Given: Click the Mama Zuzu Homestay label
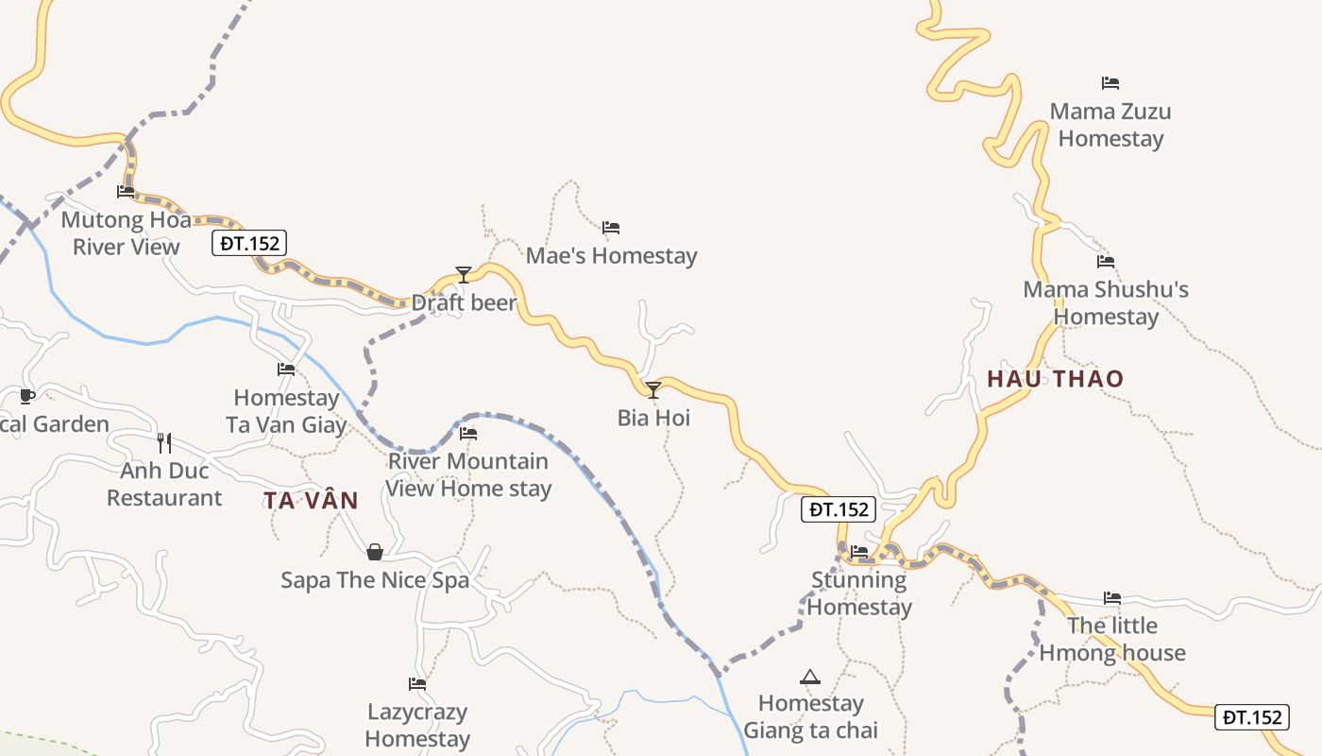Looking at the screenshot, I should [1110, 125].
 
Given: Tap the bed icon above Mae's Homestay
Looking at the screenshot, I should [611, 228].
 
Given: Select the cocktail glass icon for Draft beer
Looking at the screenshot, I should [463, 275].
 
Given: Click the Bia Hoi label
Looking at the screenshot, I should [653, 417].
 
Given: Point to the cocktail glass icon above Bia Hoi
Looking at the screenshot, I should [653, 389].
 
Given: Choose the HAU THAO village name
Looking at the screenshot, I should [1056, 379].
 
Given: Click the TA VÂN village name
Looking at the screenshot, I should [311, 501].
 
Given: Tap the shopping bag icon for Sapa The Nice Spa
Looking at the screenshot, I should [375, 552].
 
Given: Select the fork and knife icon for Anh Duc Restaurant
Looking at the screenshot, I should [164, 442].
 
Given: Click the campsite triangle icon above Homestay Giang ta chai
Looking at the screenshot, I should [809, 677].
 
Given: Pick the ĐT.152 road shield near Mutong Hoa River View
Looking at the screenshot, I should [249, 243].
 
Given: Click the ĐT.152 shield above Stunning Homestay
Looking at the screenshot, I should [839, 509].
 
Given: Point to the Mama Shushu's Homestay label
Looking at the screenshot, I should [1106, 302].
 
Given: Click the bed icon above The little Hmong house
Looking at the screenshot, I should [1112, 598].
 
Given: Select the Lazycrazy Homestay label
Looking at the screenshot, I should [417, 725].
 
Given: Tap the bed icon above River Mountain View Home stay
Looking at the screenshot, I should [467, 434].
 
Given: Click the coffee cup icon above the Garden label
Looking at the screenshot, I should [26, 396].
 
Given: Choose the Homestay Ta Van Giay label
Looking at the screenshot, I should [286, 411].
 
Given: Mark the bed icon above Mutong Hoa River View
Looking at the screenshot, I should [126, 192].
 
